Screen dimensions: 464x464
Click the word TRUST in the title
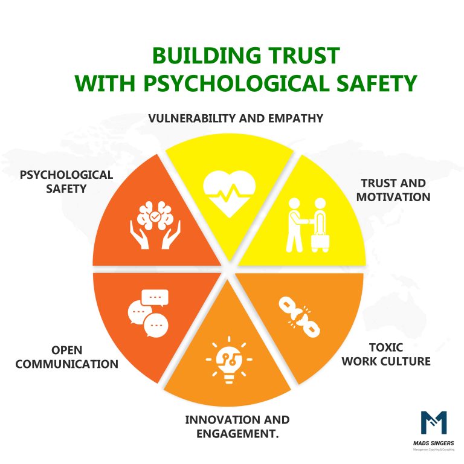click(304, 56)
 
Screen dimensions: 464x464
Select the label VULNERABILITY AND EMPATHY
click(236, 118)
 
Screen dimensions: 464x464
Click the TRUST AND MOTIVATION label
click(393, 190)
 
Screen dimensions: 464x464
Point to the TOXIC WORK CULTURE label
click(386, 354)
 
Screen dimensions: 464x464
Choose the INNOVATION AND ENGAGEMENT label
click(237, 427)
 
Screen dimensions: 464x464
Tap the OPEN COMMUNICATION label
click(67, 357)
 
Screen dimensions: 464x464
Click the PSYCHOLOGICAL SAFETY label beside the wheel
click(66, 181)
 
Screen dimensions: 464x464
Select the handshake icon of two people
click(308, 225)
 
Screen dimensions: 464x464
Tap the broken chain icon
click(299, 318)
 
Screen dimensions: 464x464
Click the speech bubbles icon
click(148, 314)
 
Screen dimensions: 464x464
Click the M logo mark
click(434, 422)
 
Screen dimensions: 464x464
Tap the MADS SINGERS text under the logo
click(434, 443)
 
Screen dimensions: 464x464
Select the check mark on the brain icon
click(155, 217)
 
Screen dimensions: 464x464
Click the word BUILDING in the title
click(207, 56)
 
